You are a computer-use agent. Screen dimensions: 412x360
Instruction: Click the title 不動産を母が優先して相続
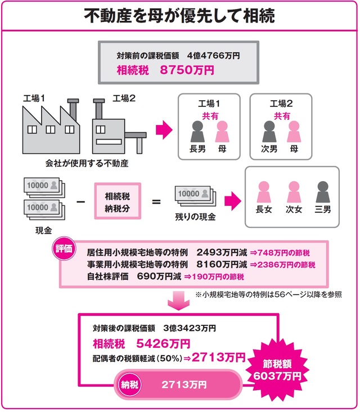click(179, 15)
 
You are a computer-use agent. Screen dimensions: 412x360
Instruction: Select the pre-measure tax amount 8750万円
click(189, 70)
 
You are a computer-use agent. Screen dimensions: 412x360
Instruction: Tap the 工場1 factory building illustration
click(49, 126)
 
